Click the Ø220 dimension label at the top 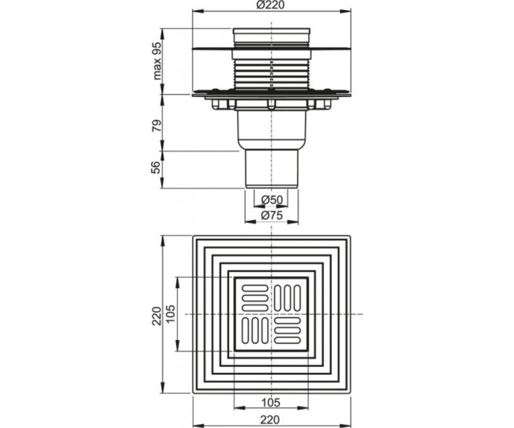pos(270,5)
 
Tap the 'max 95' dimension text pos(157,61)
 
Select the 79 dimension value pos(157,125)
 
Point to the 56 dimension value pos(156,167)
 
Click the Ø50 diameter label pos(272,200)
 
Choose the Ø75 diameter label pos(272,215)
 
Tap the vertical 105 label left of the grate pos(170,314)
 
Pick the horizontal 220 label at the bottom pos(270,420)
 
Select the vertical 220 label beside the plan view pos(157,316)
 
